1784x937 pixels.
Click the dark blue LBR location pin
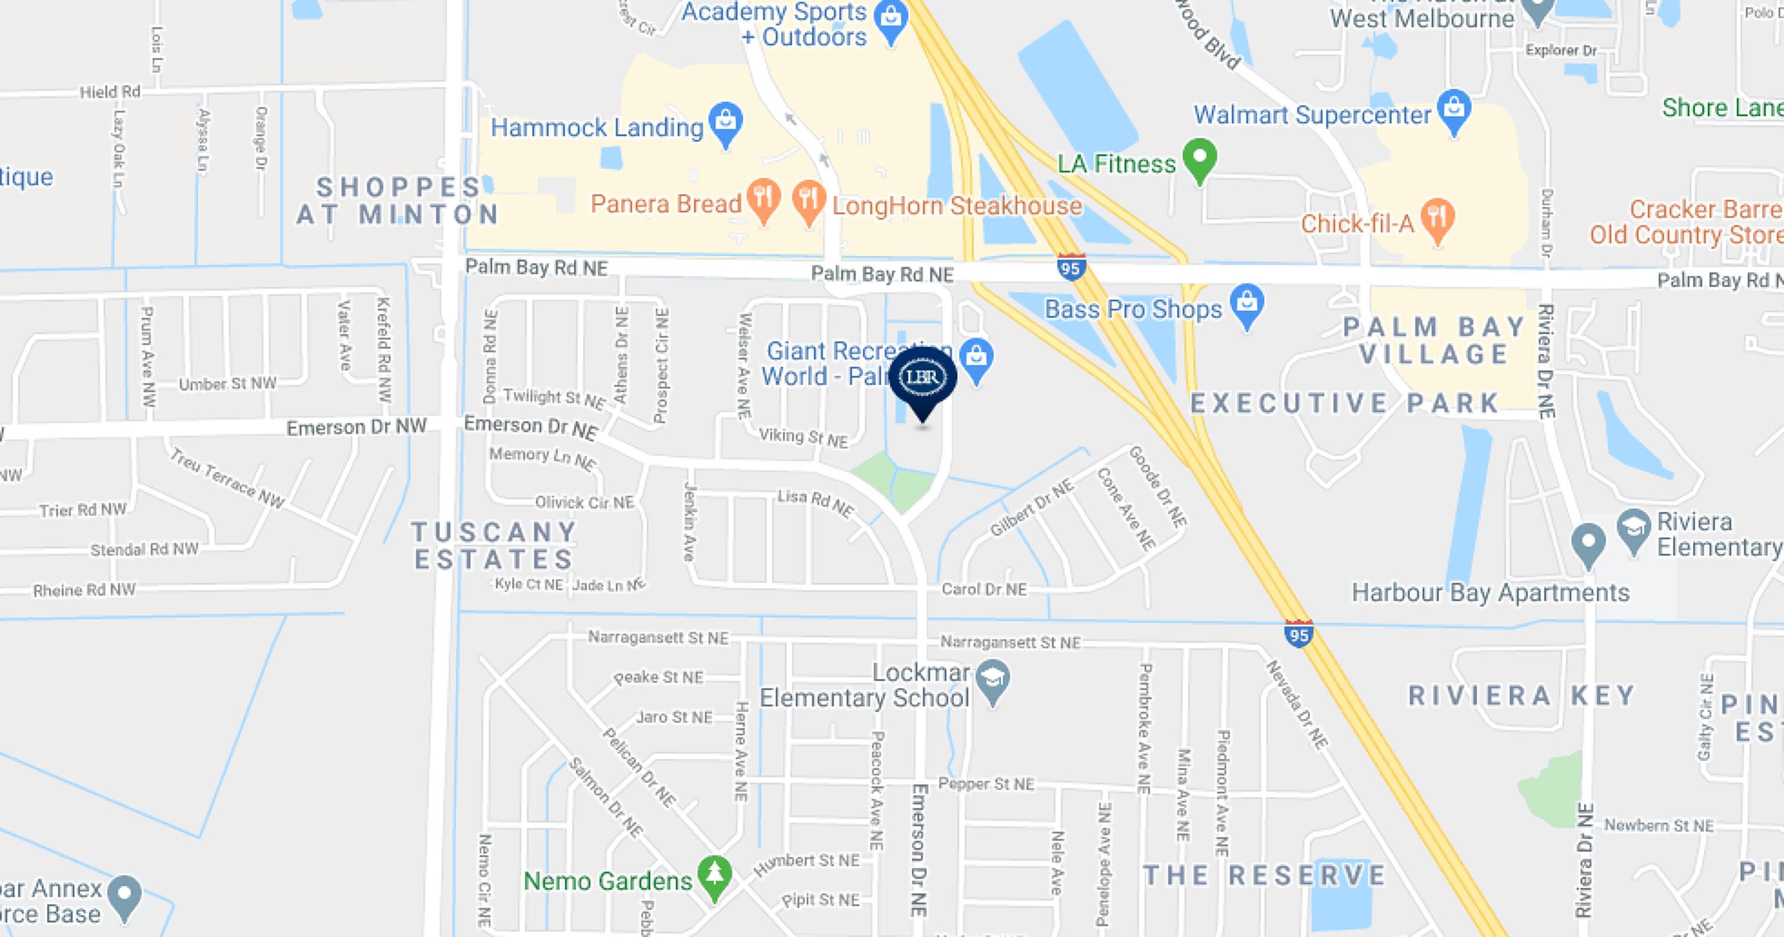[x=922, y=379]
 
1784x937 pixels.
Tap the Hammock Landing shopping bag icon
[x=725, y=122]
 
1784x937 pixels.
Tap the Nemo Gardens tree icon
[x=715, y=875]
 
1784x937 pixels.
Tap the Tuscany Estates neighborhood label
[x=494, y=545]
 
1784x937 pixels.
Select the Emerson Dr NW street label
[x=356, y=427]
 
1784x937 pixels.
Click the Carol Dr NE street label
[x=984, y=589]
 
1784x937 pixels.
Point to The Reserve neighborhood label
[x=1264, y=875]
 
